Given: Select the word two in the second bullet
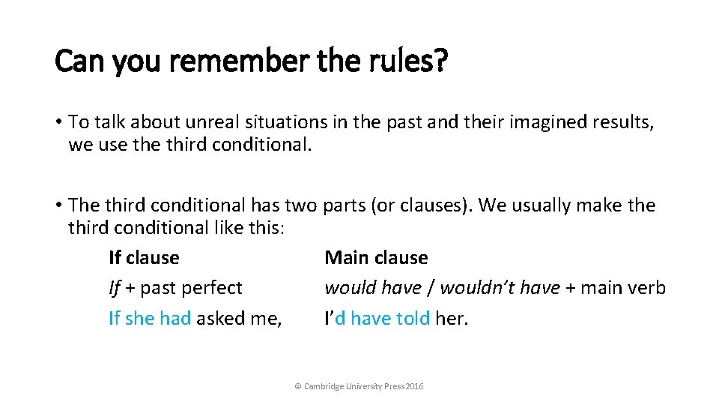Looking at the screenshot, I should click(x=303, y=205).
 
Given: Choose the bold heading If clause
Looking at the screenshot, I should click(x=144, y=257).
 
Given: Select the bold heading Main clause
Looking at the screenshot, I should click(x=376, y=257).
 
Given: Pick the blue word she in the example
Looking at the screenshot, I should click(x=139, y=318).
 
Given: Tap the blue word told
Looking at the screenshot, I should click(x=413, y=318).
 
